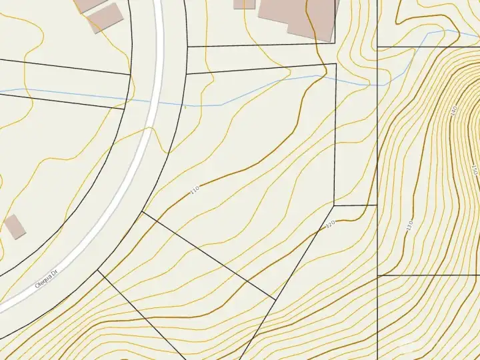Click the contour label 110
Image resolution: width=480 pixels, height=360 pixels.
click(195, 190)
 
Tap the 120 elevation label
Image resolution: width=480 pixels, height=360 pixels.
click(329, 225)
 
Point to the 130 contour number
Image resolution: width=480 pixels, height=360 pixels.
click(409, 225)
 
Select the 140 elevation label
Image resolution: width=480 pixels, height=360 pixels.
click(453, 111)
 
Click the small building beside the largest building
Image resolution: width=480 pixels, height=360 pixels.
click(245, 3)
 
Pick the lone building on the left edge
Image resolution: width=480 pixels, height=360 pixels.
click(15, 227)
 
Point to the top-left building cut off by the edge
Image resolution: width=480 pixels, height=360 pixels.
click(89, 4)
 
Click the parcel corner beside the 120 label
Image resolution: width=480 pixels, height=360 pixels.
click(335, 206)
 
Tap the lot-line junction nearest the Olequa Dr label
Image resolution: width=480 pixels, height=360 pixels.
click(99, 271)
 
